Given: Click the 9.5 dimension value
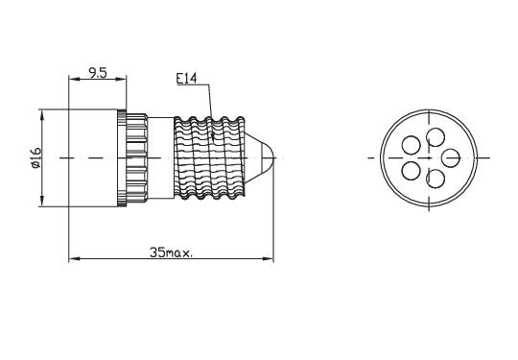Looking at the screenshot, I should (x=97, y=72).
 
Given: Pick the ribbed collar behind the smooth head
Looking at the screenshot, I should (x=132, y=156).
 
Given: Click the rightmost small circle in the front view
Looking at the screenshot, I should (x=451, y=157).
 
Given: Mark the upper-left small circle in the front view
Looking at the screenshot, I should (x=411, y=145).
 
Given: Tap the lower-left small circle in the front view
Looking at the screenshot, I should (x=411, y=170).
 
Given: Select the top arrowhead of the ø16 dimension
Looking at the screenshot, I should (x=42, y=113).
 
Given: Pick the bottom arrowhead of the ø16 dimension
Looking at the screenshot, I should (x=42, y=201).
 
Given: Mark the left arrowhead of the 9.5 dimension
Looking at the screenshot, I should (x=72, y=79).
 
